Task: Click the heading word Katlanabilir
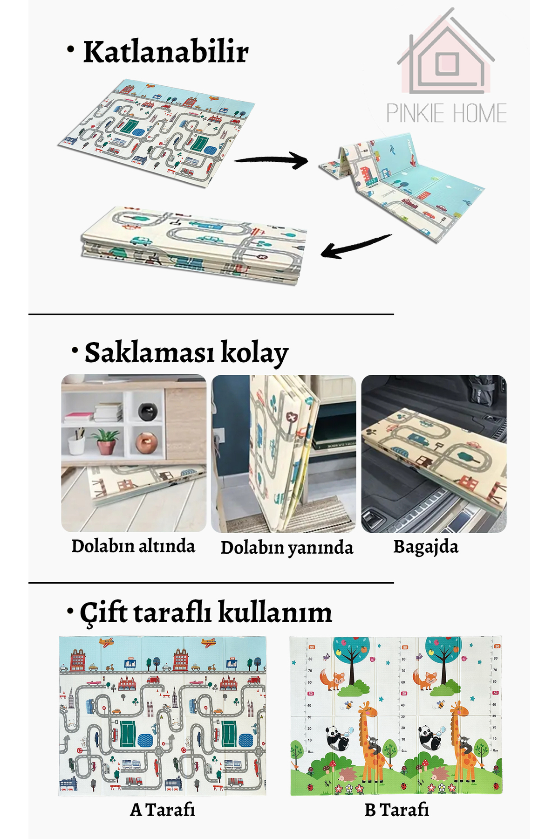[x=165, y=52]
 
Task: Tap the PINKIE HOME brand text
[x=446, y=114]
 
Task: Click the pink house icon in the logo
[x=446, y=56]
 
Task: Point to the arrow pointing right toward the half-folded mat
[x=272, y=160]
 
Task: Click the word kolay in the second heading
[x=254, y=353]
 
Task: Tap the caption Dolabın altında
[x=133, y=546]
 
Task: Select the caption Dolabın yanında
[x=286, y=548]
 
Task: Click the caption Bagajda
[x=426, y=546]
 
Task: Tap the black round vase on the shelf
[x=148, y=411]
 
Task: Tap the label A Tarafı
[x=162, y=810]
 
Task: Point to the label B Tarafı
[x=396, y=810]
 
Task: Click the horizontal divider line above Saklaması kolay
[x=211, y=315]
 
